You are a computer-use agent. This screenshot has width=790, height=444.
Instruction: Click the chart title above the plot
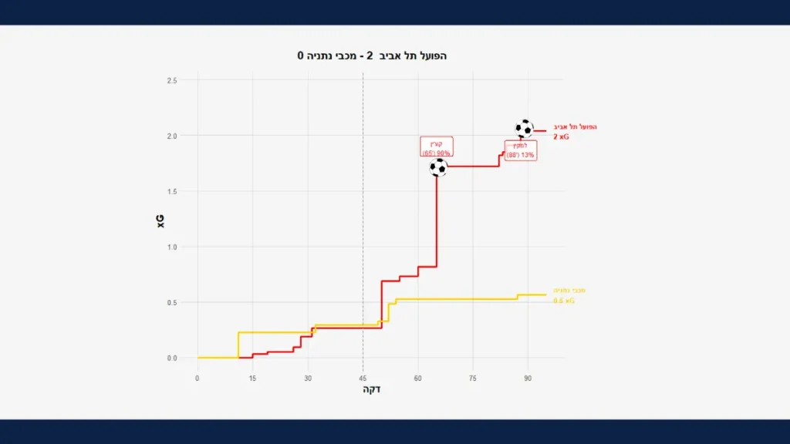(x=373, y=56)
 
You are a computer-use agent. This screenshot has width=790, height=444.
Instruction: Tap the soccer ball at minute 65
(x=438, y=167)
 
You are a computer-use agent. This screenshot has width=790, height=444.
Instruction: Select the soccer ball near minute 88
(x=524, y=128)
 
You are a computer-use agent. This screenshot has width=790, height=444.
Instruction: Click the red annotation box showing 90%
(x=437, y=147)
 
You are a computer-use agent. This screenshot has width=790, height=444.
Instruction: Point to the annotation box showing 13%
(x=521, y=150)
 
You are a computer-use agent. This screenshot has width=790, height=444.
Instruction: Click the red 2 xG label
(x=561, y=136)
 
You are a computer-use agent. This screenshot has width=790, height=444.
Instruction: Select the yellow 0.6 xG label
(x=564, y=301)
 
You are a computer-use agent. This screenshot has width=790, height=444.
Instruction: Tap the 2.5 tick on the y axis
(x=171, y=80)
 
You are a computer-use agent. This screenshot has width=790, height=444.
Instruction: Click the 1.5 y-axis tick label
(x=171, y=191)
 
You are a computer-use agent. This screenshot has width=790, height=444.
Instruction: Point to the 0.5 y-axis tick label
(x=171, y=302)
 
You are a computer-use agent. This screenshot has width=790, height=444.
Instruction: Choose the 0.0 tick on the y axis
(x=171, y=358)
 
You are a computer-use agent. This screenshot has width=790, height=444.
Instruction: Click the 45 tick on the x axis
(x=363, y=378)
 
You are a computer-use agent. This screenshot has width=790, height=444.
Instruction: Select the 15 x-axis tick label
(x=252, y=378)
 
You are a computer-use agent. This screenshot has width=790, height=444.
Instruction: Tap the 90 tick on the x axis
(x=528, y=378)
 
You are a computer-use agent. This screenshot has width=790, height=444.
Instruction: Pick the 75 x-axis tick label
(x=473, y=378)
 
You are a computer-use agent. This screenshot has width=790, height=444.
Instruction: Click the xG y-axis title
(x=160, y=220)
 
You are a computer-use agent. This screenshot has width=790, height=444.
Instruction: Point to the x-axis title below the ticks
(x=371, y=390)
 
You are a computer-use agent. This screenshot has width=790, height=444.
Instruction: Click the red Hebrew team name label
(x=576, y=126)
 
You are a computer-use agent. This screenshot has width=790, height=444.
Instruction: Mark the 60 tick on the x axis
(x=417, y=378)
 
